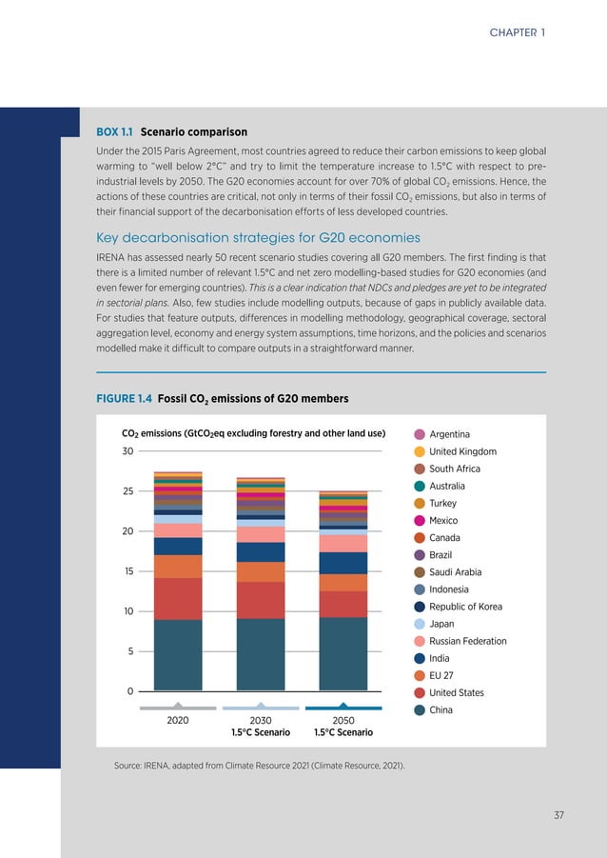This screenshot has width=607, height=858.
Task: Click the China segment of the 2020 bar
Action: tap(177, 654)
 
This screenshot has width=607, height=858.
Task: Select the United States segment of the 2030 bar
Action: tap(261, 600)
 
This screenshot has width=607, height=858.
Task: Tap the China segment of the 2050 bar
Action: tap(343, 653)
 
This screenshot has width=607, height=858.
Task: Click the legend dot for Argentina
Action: tap(420, 434)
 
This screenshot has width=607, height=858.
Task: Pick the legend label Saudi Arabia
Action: tap(455, 572)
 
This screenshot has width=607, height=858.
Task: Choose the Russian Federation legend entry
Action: tap(468, 641)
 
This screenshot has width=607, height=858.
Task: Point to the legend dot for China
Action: tap(420, 709)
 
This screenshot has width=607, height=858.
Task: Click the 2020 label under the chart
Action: tap(177, 721)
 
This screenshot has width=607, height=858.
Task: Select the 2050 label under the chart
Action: tap(343, 721)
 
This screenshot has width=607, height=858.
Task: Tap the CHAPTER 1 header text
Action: tap(518, 32)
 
